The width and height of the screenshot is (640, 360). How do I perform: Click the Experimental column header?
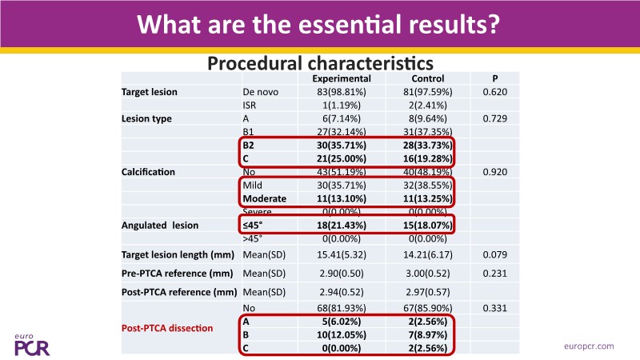click(x=341, y=78)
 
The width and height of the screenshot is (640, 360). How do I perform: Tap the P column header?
click(x=495, y=78)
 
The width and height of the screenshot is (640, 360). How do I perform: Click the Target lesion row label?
click(x=150, y=92)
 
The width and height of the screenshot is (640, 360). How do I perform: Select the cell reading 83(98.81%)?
click(x=341, y=92)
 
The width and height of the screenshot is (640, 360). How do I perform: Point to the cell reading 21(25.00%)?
click(x=341, y=158)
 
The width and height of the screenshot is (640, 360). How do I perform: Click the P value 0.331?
click(x=495, y=308)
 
